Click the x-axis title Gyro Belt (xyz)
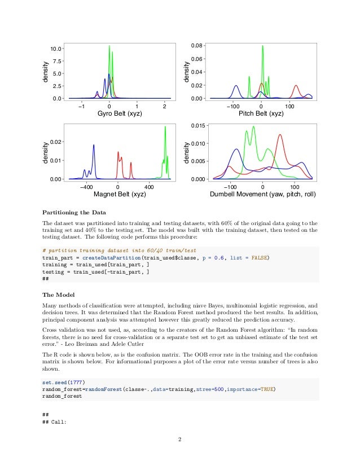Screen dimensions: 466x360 pos(119,113)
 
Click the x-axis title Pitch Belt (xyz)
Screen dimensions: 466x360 pos(261,113)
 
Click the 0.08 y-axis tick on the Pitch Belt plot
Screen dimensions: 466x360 pos(195,45)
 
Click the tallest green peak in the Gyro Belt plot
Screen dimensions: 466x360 pos(109,46)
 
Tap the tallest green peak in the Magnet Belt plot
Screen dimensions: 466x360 pos(165,127)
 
